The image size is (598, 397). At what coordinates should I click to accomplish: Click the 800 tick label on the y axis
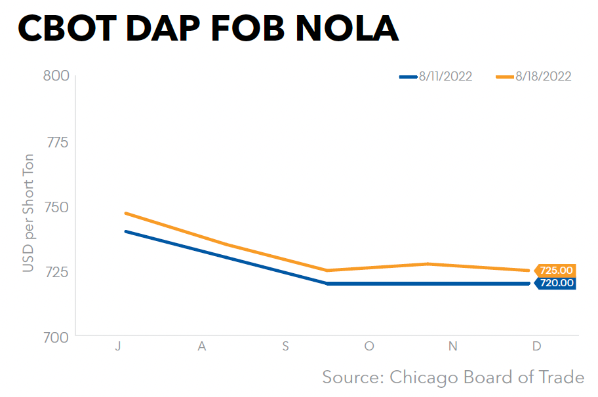[x=56, y=76]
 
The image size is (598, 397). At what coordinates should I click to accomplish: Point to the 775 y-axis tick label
[x=56, y=142]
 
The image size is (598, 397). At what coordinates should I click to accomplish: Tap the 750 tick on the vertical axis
[x=56, y=206]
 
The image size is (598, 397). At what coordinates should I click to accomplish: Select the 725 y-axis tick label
[x=56, y=271]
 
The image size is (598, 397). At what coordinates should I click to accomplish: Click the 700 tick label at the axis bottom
[x=56, y=337]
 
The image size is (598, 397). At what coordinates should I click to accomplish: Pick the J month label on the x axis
[x=118, y=347]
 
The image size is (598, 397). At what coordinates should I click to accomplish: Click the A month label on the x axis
[x=202, y=347]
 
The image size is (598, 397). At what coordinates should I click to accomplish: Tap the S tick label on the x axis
[x=285, y=347]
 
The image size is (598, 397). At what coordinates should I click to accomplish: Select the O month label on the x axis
[x=369, y=347]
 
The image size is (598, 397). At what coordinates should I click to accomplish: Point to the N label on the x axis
[x=452, y=347]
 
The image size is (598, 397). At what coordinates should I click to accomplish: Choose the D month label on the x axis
[x=536, y=347]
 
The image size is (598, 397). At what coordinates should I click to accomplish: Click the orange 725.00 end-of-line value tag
[x=555, y=270]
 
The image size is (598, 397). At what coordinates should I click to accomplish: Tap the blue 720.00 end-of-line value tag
[x=555, y=284]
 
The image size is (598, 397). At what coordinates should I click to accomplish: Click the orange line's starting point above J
[x=125, y=213]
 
